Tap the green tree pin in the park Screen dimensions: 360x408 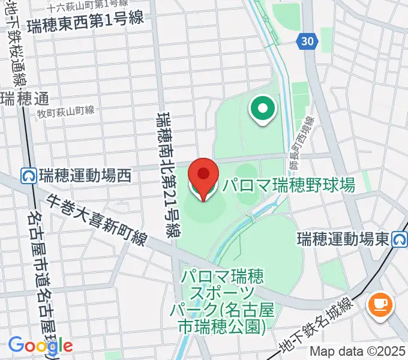tap(262, 110)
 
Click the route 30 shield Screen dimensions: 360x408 tap(306, 41)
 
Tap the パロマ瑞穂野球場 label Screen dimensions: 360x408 tap(289, 184)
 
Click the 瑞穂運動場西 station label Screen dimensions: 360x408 tap(85, 176)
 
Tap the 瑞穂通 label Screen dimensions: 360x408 tap(25, 98)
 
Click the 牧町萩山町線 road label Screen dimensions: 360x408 tap(65, 110)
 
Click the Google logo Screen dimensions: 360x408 tap(40, 344)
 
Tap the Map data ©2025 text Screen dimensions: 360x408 tap(358, 352)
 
